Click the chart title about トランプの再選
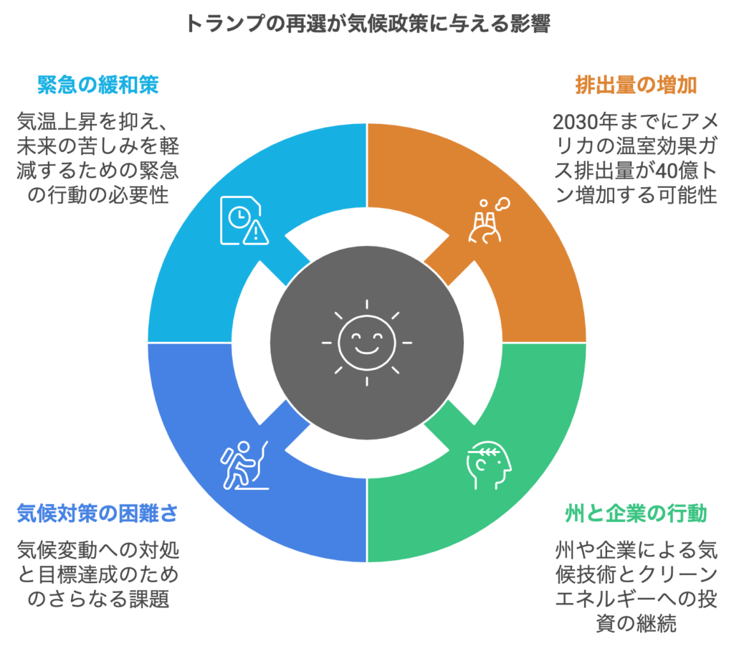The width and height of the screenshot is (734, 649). click(x=368, y=24)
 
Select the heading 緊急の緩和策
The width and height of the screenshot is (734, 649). click(x=97, y=85)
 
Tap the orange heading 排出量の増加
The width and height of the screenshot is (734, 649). click(x=637, y=85)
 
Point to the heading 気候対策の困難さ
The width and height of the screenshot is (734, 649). click(x=97, y=513)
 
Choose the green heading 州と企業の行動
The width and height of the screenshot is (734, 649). click(x=637, y=513)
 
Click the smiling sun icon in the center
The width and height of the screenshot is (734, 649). click(x=367, y=344)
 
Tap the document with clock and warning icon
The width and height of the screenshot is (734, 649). click(x=244, y=221)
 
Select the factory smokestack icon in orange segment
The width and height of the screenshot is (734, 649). click(x=489, y=220)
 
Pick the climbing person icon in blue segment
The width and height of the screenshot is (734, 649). click(x=244, y=465)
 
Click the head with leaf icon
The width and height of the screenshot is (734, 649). click(x=489, y=465)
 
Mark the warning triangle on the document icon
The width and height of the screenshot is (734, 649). click(x=256, y=233)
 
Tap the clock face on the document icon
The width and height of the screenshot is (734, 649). click(x=239, y=217)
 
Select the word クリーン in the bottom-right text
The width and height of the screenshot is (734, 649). click(x=677, y=574)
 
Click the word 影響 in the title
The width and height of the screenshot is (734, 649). click(x=530, y=24)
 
